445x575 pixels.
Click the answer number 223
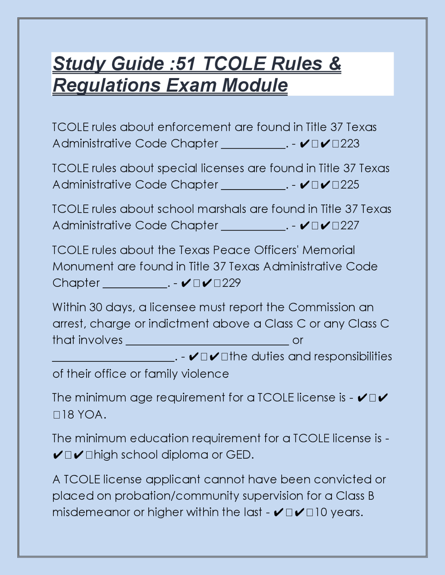(350, 144)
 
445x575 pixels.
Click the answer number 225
(350, 185)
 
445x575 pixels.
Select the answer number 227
(350, 226)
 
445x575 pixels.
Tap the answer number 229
(231, 283)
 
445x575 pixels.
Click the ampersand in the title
(334, 64)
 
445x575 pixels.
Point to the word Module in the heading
(255, 85)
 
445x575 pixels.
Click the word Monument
(83, 267)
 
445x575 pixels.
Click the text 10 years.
(339, 512)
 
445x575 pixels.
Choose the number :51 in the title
(183, 64)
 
